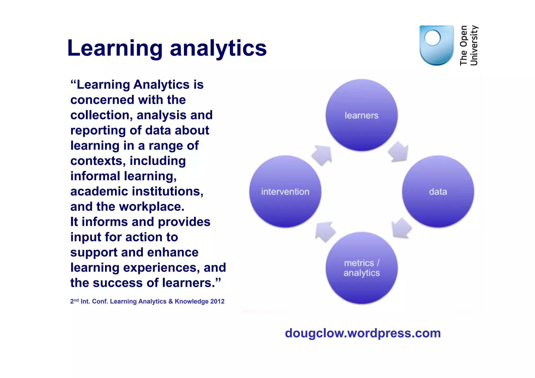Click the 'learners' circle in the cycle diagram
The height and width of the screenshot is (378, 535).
tap(362, 115)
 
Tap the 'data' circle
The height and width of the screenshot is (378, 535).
tap(438, 191)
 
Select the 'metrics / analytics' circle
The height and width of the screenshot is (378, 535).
tap(362, 268)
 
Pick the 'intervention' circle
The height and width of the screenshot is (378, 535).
tap(285, 191)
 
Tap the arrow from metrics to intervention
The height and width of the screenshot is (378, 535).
tap(325, 231)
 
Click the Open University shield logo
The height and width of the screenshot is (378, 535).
tap(436, 45)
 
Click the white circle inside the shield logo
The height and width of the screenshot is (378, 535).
tap(433, 38)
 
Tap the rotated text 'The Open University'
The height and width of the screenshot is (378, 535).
tap(469, 45)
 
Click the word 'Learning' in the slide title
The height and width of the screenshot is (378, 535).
tap(115, 48)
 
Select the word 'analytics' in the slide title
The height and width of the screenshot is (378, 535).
tap(218, 48)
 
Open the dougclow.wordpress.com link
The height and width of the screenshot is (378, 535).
tap(363, 333)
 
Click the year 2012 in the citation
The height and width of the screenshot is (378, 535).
tap(217, 301)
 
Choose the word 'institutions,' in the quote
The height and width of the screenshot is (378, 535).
tap(167, 191)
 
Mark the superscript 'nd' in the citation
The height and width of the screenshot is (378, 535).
tap(76, 300)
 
